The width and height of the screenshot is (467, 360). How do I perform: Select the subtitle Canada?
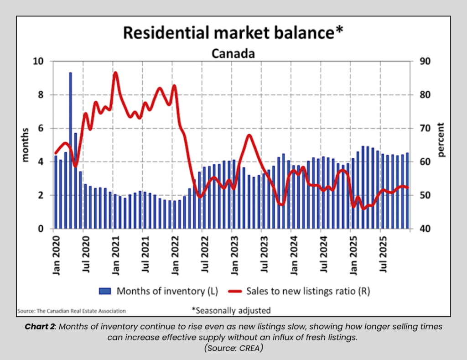pos(233,54)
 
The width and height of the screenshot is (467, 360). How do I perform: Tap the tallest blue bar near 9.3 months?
pos(71,151)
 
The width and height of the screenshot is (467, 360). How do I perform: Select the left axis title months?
pos(26,145)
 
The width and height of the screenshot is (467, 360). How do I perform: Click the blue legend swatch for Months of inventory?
pos(106,291)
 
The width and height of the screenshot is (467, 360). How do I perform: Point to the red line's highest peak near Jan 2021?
pos(115,73)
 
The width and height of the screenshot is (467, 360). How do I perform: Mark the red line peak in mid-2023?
pos(249,135)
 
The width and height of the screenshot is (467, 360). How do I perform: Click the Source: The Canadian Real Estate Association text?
pos(72,311)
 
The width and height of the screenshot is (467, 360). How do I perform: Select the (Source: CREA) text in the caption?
pos(233,347)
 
